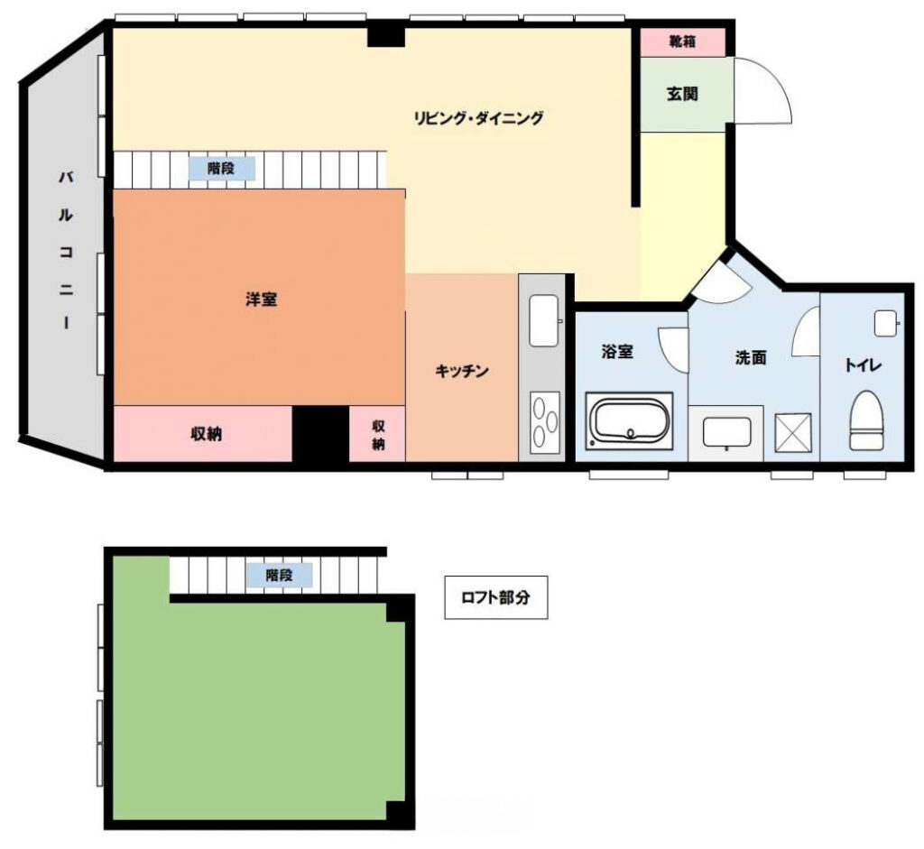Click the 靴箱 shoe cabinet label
682,42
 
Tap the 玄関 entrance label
682,94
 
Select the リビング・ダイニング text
478,118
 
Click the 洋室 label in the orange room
261,300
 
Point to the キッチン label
462,371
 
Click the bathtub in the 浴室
629,420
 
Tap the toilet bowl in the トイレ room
865,420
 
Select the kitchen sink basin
543,320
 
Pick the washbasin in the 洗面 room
727,433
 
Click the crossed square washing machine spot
792,434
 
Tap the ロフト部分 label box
495,597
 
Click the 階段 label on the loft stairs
280,575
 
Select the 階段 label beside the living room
222,169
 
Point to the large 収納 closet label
207,434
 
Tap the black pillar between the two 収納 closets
321,434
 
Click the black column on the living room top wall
386,34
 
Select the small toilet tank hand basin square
885,323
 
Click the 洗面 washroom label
751,357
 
